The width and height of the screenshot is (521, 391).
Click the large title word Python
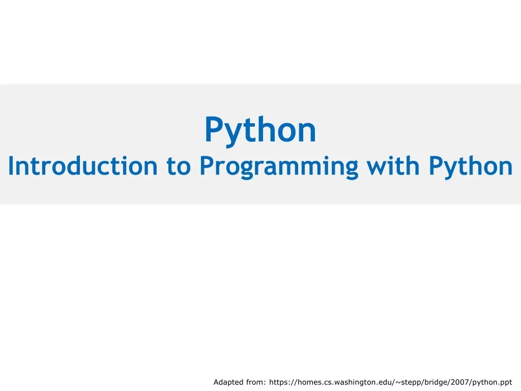260,130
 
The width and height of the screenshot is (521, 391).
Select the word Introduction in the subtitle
83,165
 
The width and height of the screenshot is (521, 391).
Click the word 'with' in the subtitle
393,165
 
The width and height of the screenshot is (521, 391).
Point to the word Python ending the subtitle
471,167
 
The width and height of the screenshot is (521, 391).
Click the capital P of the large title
214,129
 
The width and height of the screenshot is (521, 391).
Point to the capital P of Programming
207,165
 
